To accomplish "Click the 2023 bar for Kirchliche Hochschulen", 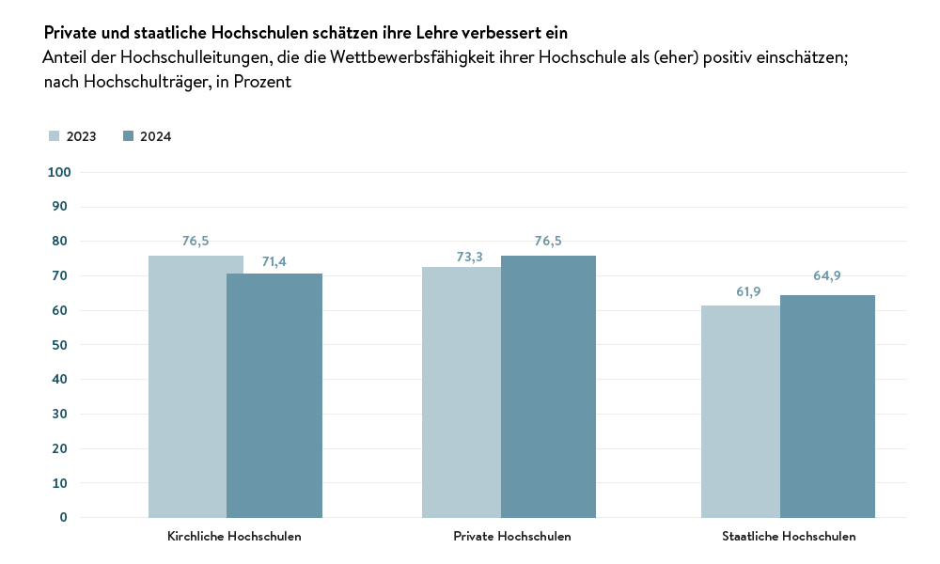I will (188, 386).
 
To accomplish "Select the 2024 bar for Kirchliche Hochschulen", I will (274, 395).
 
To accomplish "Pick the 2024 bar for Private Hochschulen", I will (548, 386).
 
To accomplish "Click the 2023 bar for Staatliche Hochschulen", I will (741, 412).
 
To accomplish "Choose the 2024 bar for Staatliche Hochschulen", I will (827, 406).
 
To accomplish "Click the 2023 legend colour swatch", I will (55, 136).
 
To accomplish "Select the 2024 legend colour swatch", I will (129, 136).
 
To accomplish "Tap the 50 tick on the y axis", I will (62, 345).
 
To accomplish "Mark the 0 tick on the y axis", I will (64, 517).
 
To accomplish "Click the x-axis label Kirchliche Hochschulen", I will (234, 537).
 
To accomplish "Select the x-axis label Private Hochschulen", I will (511, 537).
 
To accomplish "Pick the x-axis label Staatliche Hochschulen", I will (789, 537).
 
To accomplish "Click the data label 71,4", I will (274, 261).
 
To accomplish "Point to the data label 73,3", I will (458, 255).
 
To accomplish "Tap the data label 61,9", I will (748, 292).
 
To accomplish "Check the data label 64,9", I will (827, 275).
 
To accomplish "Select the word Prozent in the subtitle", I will (263, 82).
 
